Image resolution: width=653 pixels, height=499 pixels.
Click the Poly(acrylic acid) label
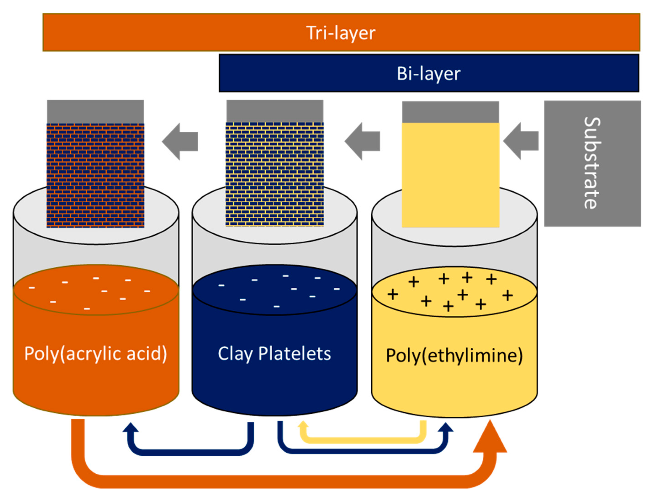[x=95, y=353]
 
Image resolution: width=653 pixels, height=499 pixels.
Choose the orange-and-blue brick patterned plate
[x=95, y=175]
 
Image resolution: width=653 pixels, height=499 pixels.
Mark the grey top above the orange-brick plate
[x=95, y=111]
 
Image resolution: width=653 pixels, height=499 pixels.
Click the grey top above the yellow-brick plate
[x=275, y=111]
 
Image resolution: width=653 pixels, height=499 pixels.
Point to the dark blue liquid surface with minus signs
[x=275, y=290]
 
